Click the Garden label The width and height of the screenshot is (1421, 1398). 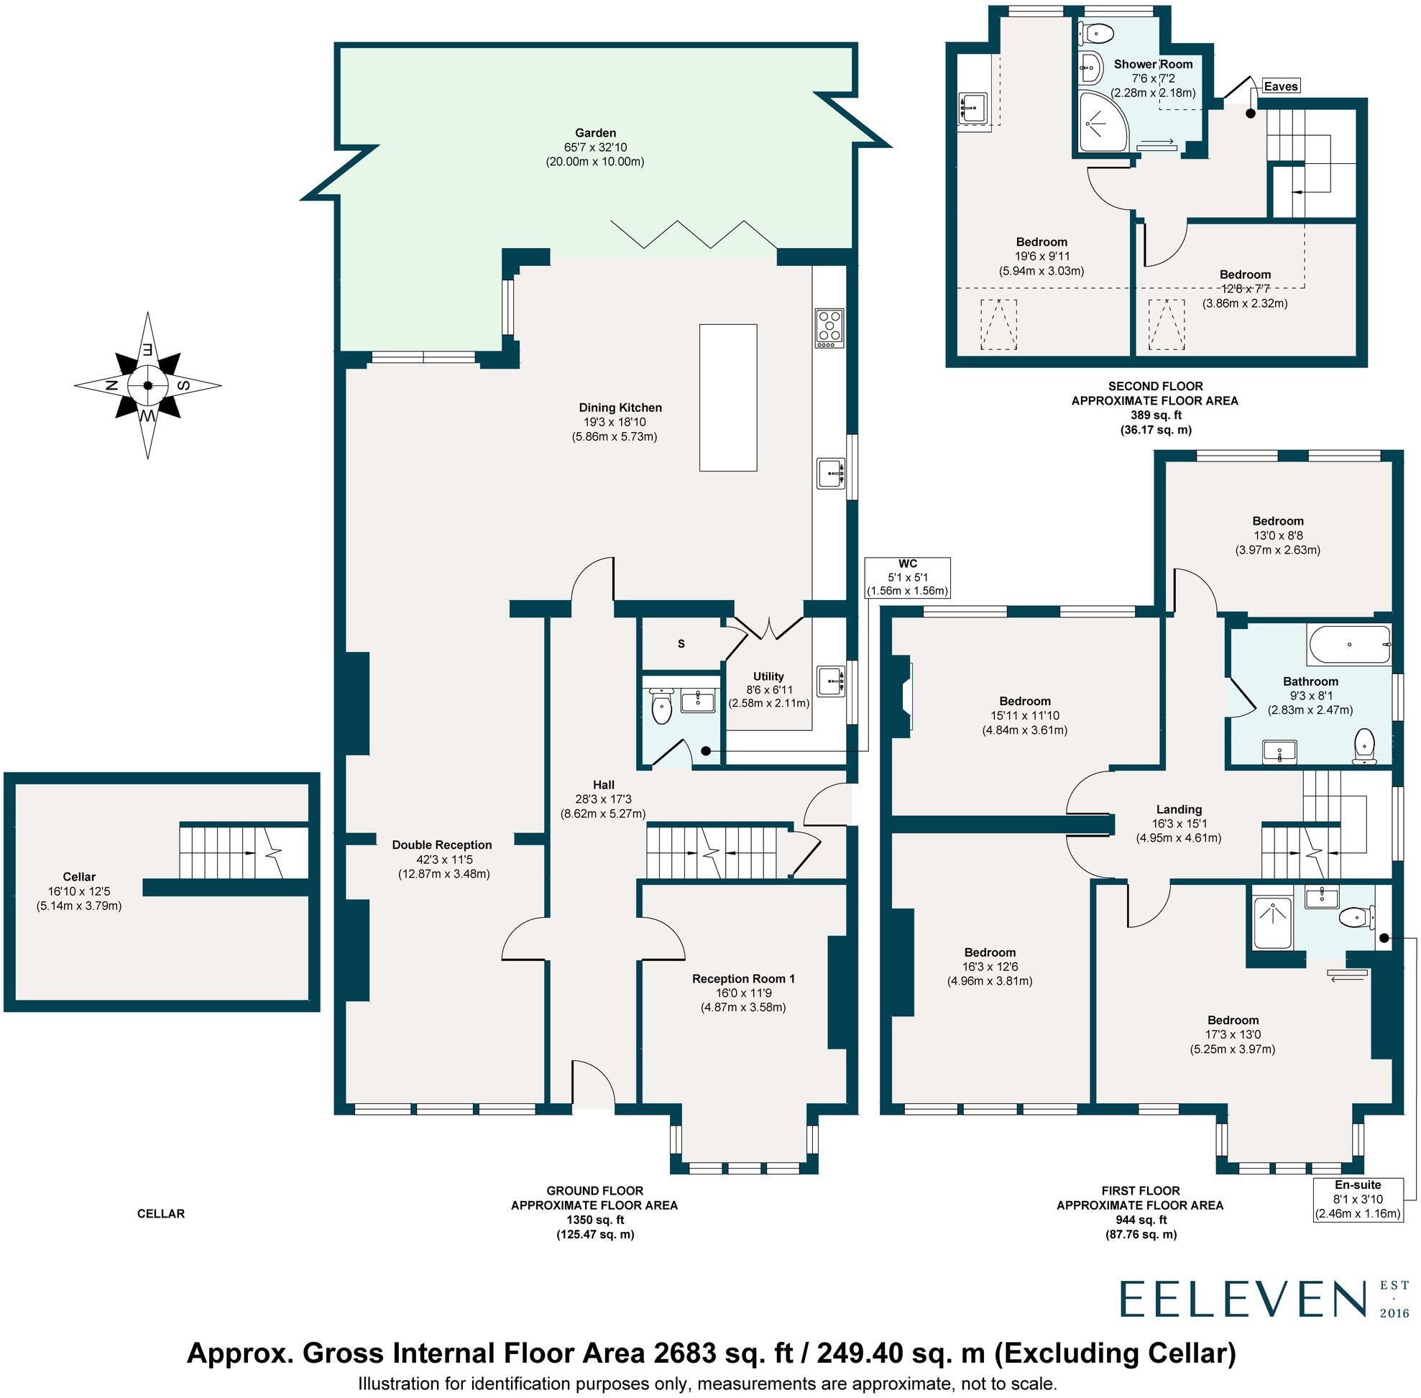point(595,134)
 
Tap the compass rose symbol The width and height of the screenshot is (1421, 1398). point(147,385)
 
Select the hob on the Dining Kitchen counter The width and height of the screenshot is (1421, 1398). point(829,328)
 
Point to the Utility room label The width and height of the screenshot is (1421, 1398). point(768,676)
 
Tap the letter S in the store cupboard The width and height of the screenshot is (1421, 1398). point(681,644)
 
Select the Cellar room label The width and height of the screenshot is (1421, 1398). point(78,877)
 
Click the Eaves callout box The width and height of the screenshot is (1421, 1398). point(1281,87)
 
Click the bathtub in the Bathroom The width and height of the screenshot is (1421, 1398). point(1349,645)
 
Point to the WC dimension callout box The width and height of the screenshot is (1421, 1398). point(908,577)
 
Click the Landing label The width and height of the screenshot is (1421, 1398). point(1179,809)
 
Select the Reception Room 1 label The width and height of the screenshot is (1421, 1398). point(742,978)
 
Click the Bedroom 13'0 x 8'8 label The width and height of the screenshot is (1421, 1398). point(1278,521)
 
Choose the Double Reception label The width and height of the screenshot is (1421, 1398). point(441,845)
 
